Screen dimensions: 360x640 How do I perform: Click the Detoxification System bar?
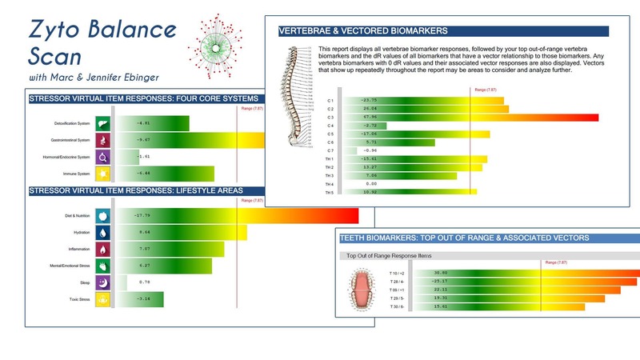153,123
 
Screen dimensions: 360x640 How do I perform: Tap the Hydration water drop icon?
102,232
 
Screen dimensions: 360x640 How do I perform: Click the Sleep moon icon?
102,282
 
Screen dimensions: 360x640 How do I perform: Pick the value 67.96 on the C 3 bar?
370,117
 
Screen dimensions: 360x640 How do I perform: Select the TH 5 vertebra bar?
408,192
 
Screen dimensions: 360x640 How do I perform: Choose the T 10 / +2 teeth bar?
528,273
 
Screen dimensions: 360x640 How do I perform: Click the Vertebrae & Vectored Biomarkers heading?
363,31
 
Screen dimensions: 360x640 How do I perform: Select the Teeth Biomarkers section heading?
465,238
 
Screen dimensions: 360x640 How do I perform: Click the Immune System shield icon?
102,173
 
